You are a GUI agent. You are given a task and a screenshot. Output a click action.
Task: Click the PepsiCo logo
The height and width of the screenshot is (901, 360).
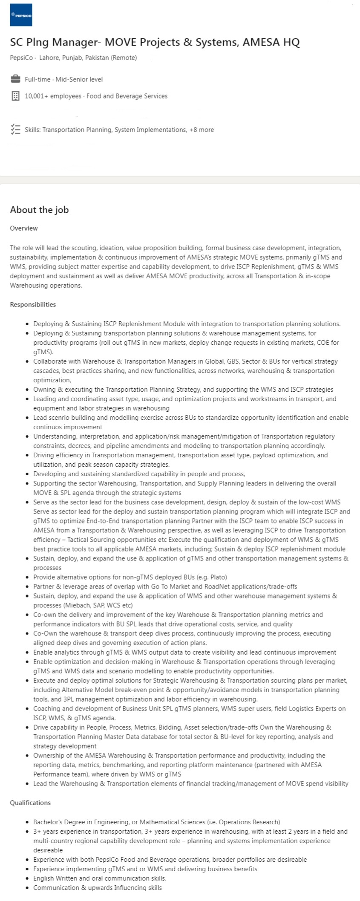pos(21,15)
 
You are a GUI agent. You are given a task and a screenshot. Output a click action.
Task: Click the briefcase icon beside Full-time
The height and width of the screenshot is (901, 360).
pos(15,79)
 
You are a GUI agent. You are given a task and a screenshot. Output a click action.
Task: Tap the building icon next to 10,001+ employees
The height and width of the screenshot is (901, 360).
pos(15,96)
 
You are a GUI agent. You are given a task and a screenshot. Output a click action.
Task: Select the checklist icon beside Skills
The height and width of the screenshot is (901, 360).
pos(15,130)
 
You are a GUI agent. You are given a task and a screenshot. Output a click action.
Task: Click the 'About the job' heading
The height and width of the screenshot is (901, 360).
pos(39,210)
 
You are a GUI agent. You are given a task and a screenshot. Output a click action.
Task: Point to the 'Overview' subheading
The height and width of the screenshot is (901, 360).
pos(24,228)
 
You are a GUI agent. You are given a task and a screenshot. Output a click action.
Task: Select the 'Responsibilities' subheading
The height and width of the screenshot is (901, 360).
pos(33,304)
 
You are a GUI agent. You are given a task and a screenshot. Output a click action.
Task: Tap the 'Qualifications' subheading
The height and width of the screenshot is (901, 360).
pos(30,803)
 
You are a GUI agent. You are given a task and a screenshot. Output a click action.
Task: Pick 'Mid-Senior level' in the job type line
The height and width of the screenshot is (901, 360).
pos(79,79)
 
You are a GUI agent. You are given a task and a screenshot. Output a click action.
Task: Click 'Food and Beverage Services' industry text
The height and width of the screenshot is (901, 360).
pos(127,96)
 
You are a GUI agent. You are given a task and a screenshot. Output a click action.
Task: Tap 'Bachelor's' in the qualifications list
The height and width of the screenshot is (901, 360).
pos(48,822)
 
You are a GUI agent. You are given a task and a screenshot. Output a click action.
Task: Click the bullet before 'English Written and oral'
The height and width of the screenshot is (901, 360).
pos(27,878)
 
